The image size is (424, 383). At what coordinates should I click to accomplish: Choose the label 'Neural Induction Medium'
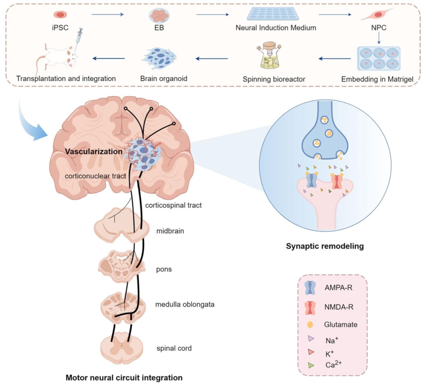coord(276,28)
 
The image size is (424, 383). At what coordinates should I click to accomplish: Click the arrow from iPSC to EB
coord(107,15)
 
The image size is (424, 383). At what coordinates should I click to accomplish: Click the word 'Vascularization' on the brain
coord(93,151)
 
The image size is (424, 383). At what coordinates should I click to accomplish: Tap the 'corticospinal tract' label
coord(173,205)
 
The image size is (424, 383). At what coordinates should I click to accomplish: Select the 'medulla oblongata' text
coord(185,304)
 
